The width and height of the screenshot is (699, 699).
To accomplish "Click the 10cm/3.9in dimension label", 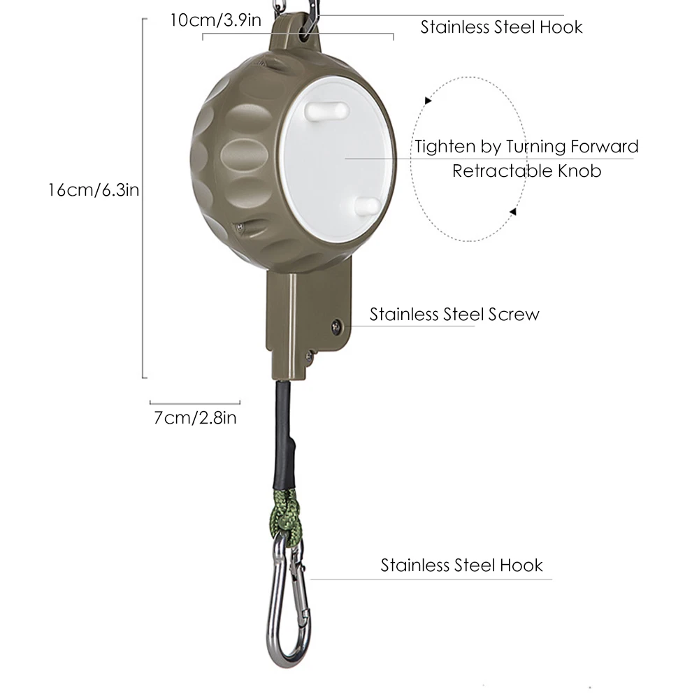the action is click(215, 20).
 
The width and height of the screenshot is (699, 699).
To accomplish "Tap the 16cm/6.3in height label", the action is click(95, 190).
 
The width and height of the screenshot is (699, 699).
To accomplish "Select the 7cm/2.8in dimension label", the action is click(195, 418).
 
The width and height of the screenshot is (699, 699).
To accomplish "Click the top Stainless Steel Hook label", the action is click(501, 27).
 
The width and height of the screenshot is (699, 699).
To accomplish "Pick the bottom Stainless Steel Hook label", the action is click(461, 565).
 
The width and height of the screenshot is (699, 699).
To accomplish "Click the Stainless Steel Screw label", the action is click(454, 314).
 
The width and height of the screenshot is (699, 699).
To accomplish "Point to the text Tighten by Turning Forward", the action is click(526, 147).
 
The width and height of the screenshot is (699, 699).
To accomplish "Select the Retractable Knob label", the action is click(526, 171).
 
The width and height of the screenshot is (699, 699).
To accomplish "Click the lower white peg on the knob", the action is click(367, 204).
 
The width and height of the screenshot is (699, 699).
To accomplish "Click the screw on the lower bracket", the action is click(337, 324).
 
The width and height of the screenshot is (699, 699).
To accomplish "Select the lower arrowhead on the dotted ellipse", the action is click(512, 211).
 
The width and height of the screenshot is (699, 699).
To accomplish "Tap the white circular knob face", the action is click(336, 161).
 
